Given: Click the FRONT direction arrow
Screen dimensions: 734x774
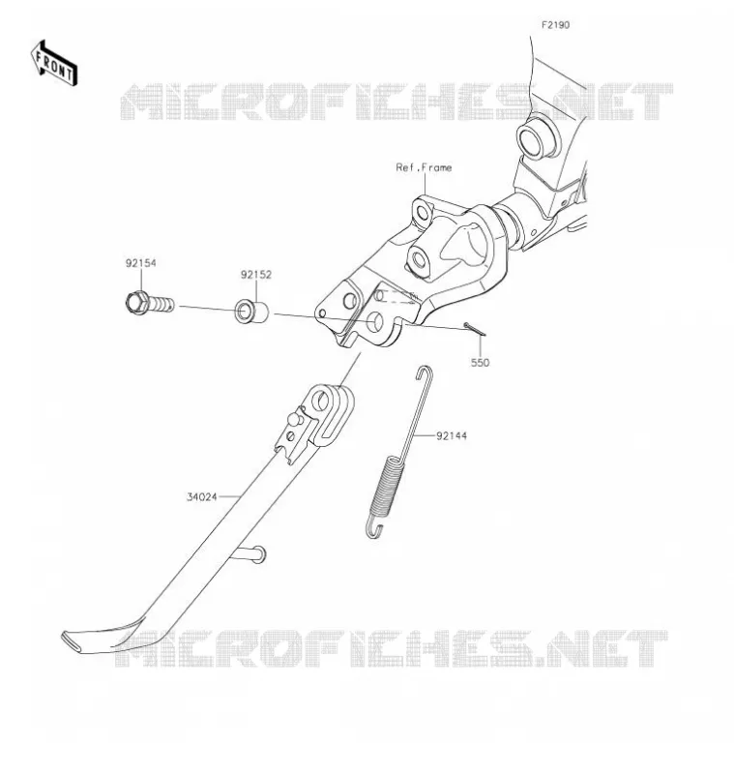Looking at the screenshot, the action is (x=54, y=63).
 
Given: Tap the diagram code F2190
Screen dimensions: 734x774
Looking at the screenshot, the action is (x=555, y=25).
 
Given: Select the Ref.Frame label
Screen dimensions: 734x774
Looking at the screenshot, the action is (x=424, y=167).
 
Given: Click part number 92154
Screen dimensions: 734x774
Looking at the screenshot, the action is (x=140, y=263).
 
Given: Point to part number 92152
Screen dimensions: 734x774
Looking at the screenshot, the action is (x=256, y=275).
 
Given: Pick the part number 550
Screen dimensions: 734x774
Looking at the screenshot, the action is (x=480, y=363).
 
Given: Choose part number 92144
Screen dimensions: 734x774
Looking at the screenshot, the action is (x=452, y=436).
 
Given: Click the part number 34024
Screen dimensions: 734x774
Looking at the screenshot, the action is (x=202, y=497).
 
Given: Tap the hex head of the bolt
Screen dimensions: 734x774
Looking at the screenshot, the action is (x=135, y=302).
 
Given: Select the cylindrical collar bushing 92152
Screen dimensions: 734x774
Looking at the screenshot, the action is (x=251, y=311).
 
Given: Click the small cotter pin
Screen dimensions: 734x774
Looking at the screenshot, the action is (x=475, y=329).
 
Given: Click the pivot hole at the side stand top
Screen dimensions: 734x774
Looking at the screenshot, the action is (x=321, y=401).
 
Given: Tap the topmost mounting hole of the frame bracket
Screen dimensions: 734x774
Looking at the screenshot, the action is (x=423, y=213).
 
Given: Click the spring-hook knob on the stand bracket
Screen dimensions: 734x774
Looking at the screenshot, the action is (x=295, y=420).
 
